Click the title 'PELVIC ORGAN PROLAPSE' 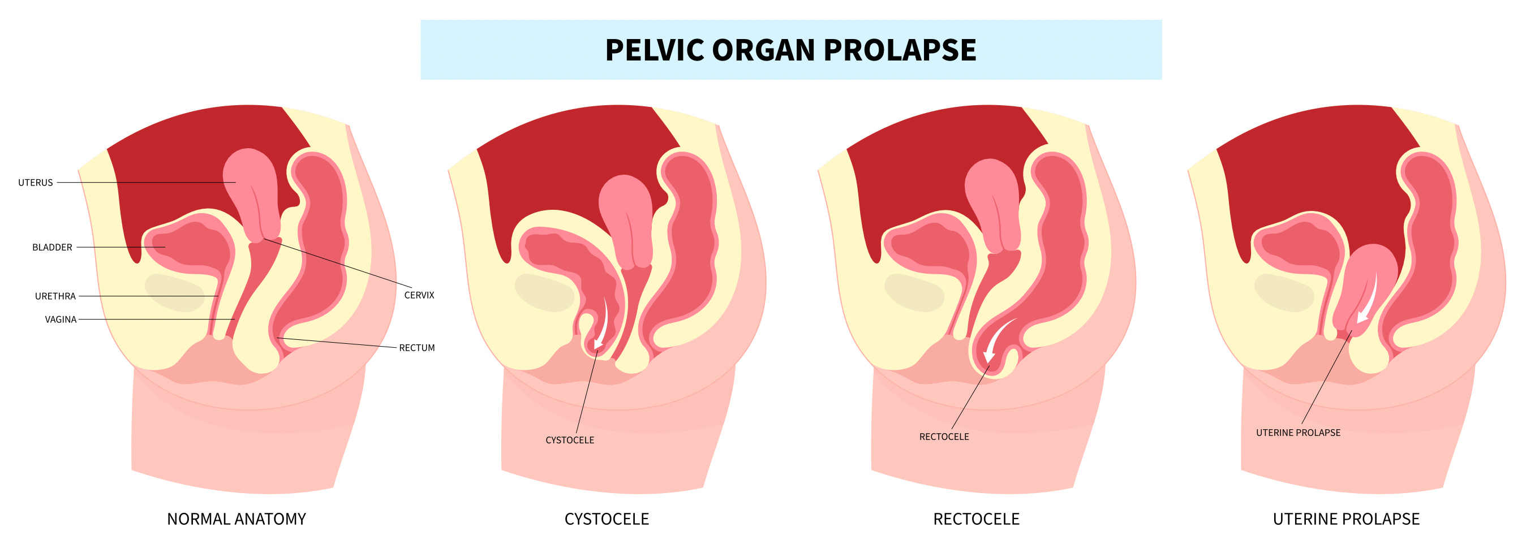pos(790,50)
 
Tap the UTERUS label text pos(35,183)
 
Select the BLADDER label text pos(52,247)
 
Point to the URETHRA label pos(55,296)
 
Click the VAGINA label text pos(61,320)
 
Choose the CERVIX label pos(419,295)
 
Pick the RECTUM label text pos(416,348)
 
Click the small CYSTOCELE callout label pos(569,440)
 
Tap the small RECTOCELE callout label pos(943,437)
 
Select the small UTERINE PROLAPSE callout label pos(1297,433)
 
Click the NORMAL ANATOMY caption pos(236,519)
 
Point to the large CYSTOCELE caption pos(607,519)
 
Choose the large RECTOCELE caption pos(975,519)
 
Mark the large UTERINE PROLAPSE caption pos(1345,519)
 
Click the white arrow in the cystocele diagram pos(602,322)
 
